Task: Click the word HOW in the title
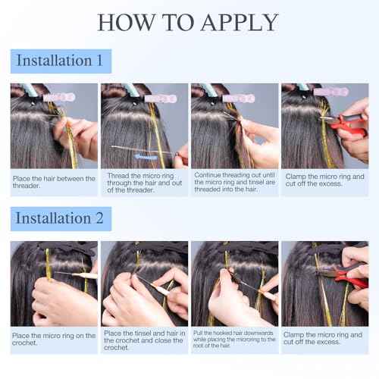pyautogui.click(x=125, y=22)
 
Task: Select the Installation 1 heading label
pyautogui.click(x=61, y=61)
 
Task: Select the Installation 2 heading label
pyautogui.click(x=61, y=218)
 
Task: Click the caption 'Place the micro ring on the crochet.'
pyautogui.click(x=54, y=339)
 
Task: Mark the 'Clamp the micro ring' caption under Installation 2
pyautogui.click(x=324, y=339)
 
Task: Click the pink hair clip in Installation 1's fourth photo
pyautogui.click(x=330, y=92)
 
